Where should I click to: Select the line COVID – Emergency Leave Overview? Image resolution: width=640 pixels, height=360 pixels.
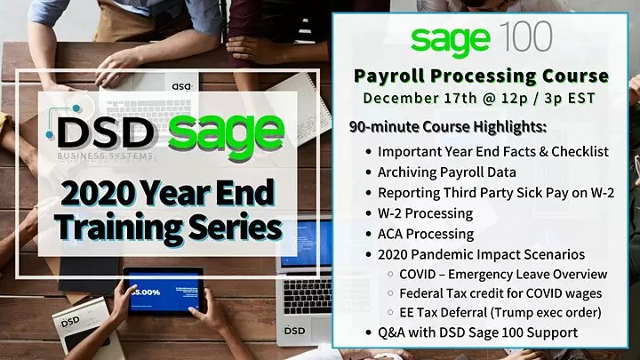[503, 274]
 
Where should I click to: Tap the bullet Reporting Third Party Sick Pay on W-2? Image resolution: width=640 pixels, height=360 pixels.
[490, 192]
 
